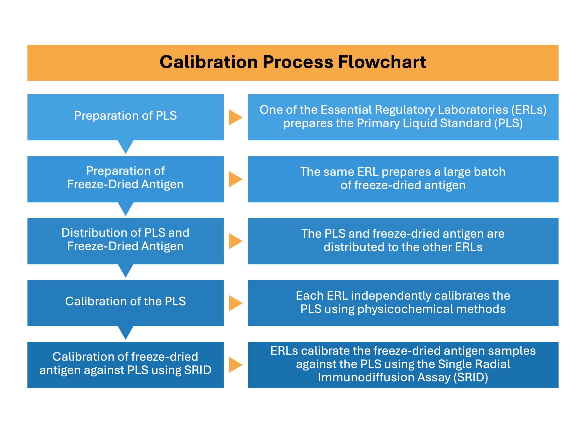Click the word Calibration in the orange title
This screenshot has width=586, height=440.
(x=209, y=62)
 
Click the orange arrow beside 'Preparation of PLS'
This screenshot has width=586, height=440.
(x=235, y=117)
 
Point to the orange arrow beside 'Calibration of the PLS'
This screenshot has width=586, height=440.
(x=235, y=303)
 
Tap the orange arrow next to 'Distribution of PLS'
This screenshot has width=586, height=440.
(x=235, y=241)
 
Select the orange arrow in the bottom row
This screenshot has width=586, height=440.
(x=235, y=365)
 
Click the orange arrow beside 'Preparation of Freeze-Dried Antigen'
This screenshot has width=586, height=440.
(x=235, y=179)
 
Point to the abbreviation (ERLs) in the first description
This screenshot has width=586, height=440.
(x=528, y=110)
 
